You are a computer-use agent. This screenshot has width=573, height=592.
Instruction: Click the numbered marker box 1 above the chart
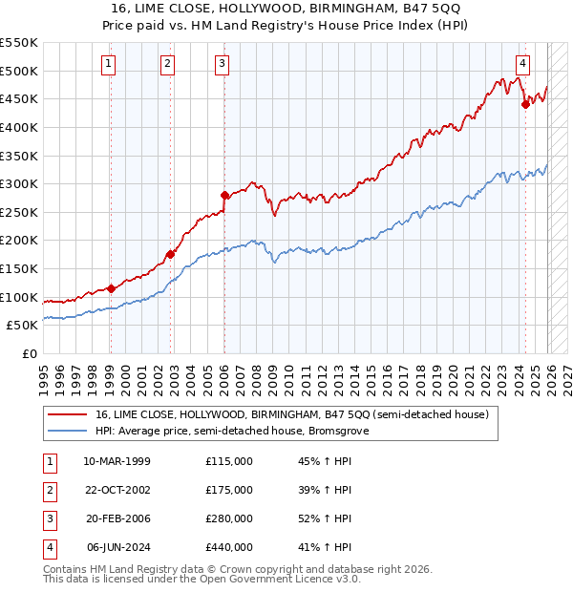click(109, 64)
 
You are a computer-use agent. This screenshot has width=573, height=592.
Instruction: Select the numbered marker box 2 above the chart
click(167, 64)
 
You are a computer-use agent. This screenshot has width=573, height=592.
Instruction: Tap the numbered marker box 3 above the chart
click(222, 64)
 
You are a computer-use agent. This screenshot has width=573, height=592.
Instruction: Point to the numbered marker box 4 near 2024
click(523, 64)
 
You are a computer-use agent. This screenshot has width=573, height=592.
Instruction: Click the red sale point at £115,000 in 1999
click(111, 288)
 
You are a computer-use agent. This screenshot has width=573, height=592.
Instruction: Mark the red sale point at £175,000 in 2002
click(169, 254)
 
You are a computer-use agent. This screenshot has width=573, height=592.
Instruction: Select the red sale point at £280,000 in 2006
click(224, 195)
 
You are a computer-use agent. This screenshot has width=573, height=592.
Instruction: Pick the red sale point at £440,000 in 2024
click(525, 105)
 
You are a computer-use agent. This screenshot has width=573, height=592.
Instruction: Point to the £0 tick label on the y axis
click(29, 353)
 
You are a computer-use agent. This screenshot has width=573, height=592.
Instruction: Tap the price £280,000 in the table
click(228, 518)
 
